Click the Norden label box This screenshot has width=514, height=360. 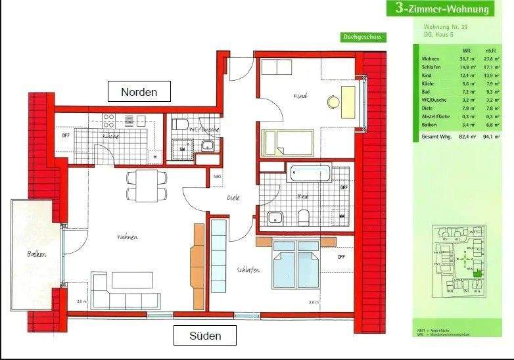139,92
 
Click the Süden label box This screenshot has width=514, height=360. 206,336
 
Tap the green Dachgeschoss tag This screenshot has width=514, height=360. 363,37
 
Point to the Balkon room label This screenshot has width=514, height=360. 37,254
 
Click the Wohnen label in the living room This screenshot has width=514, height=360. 127,236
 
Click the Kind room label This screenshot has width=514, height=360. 301,96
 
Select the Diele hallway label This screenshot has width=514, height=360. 233,197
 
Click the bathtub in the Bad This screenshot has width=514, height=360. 311,173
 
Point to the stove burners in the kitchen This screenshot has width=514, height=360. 110,120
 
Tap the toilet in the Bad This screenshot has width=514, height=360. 304,217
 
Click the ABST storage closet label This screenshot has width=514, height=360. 217,176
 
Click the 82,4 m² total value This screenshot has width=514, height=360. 468,137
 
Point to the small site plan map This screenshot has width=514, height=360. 462,261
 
